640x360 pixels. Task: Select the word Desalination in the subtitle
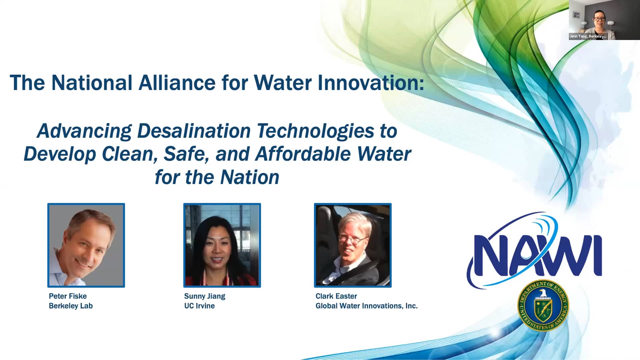click(x=194, y=131)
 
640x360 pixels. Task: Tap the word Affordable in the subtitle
click(x=303, y=154)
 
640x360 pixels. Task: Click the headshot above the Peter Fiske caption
click(x=86, y=245)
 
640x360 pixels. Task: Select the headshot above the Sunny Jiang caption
click(x=222, y=245)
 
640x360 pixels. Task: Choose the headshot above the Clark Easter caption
click(x=353, y=245)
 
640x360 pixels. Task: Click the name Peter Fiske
click(x=68, y=296)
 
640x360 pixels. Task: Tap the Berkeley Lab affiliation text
click(x=71, y=306)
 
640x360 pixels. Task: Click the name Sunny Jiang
click(x=205, y=296)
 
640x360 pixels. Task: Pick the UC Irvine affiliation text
click(x=199, y=306)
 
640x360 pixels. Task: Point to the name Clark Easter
click(x=336, y=296)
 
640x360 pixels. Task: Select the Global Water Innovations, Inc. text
click(x=366, y=306)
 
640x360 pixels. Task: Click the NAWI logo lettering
click(x=537, y=255)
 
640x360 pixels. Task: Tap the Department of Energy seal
click(x=543, y=305)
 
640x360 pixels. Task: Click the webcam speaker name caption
click(x=588, y=36)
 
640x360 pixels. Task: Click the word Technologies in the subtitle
click(x=315, y=131)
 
